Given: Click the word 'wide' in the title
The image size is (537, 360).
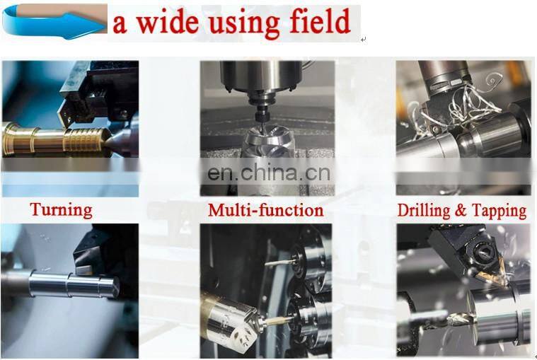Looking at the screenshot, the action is pos(168,22).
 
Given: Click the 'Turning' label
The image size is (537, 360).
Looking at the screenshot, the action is pos(61,210).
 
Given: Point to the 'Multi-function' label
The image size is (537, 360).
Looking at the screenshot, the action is pos(266,210).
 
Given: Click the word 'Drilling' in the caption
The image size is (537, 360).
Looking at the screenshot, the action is pos(424,211).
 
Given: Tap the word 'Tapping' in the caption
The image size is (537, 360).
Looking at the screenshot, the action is pos(500,211).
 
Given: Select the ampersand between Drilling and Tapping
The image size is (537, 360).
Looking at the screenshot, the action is pos(461,210).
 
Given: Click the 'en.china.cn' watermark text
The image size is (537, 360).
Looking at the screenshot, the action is pos(269,173).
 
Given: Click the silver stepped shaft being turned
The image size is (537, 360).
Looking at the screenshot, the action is pos(74,285).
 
